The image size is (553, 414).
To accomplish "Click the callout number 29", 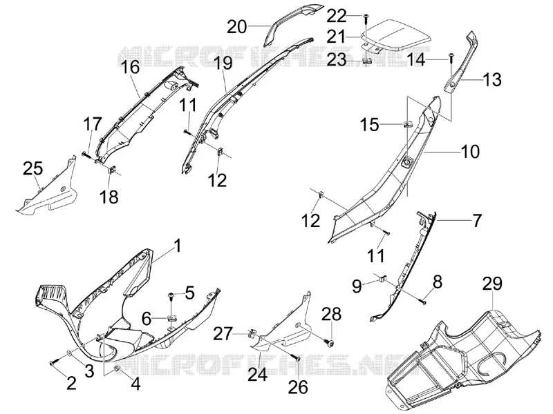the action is (492, 284).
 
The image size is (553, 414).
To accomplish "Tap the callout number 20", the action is (237, 27).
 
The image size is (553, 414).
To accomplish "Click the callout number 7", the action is (476, 221).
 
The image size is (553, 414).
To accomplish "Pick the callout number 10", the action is (470, 151).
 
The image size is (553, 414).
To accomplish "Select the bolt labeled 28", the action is (331, 342).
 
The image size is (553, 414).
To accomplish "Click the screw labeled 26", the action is (297, 358).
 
